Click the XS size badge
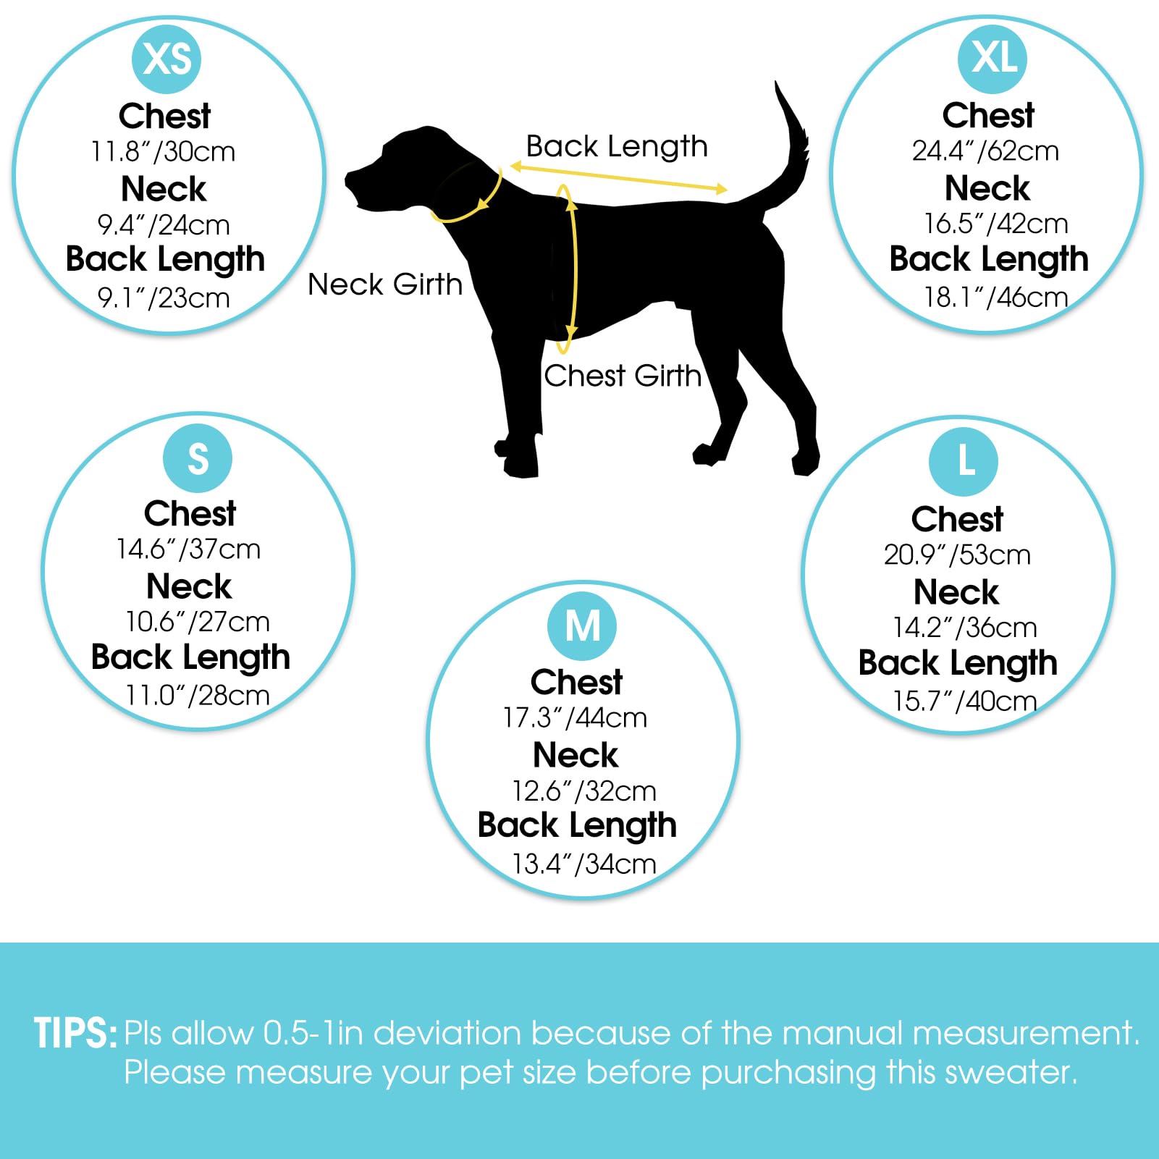pos(167,59)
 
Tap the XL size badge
pos(992,59)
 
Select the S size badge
pos(198,458)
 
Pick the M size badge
pos(582,626)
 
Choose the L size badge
pos(964,462)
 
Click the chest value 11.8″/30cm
pos(163,152)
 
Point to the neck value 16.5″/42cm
pos(996,224)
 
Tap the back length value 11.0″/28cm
pos(198,695)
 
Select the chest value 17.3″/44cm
pos(576,718)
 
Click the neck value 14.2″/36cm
pos(965,628)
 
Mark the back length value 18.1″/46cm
pos(996,297)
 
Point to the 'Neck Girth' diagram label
pos(385,285)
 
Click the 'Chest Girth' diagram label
pos(623,376)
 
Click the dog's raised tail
pos(785,145)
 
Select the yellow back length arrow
pos(619,178)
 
